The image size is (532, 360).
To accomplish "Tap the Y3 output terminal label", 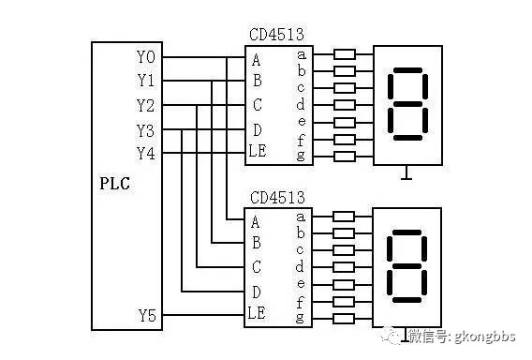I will pyautogui.click(x=146, y=128).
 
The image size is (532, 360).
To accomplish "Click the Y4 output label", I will pyautogui.click(x=146, y=152).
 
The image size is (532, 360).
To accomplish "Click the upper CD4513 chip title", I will pyautogui.click(x=275, y=36).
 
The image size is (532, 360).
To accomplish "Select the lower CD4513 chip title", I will pyautogui.click(x=275, y=199).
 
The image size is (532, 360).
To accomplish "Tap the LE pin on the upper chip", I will pyautogui.click(x=258, y=151).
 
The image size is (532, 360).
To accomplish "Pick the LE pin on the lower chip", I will pyautogui.click(x=258, y=313).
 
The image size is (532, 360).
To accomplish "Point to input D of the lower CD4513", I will pyautogui.click(x=256, y=292).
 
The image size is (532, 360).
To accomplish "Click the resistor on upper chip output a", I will pyautogui.click(x=344, y=54).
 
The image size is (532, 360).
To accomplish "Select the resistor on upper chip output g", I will pyautogui.click(x=344, y=154).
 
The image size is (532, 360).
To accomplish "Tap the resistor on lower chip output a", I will pyautogui.click(x=344, y=217).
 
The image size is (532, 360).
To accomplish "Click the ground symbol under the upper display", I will pyautogui.click(x=406, y=174).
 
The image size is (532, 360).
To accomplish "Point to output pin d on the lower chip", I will pyautogui.click(x=301, y=266).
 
